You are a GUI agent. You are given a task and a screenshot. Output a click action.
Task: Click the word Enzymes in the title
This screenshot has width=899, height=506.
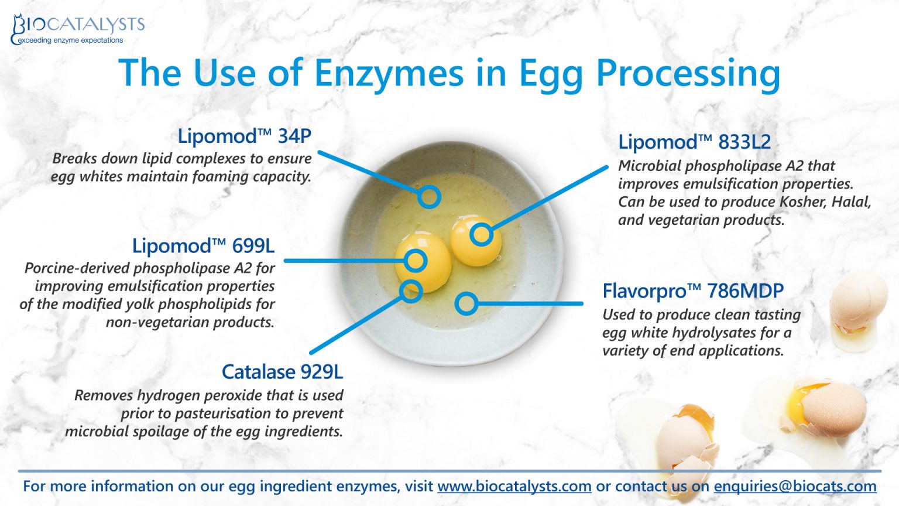[x=389, y=73]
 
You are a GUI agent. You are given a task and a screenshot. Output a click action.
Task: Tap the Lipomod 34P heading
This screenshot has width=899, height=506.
[x=244, y=136]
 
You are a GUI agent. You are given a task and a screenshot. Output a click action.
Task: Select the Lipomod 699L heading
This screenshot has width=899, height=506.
[x=203, y=245]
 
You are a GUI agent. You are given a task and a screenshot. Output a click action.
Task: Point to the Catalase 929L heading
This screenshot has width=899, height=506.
[x=282, y=372]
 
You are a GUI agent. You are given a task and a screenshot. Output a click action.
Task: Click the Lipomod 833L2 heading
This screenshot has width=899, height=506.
[x=694, y=142]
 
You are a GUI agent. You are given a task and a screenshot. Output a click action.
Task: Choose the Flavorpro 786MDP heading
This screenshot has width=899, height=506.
[x=692, y=290]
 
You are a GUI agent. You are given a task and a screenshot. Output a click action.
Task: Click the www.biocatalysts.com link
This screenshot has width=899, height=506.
[x=514, y=486]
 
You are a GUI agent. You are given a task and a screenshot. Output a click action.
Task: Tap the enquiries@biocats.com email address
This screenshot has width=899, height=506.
[x=795, y=486]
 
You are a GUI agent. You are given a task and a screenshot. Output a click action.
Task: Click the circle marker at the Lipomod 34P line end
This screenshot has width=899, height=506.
[x=429, y=197]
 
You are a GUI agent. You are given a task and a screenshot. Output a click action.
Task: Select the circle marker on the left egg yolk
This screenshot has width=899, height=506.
[x=416, y=261]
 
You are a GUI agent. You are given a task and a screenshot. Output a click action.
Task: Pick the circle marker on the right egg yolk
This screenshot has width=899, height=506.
[x=481, y=235]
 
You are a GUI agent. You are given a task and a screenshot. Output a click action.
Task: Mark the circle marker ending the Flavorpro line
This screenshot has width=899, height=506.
[x=466, y=303]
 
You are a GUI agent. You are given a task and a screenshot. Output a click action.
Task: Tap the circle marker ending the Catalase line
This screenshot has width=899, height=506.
[x=411, y=290]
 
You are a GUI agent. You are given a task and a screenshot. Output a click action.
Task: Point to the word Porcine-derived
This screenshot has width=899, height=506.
[x=77, y=268]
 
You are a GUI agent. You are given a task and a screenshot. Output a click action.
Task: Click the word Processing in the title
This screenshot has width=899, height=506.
[x=688, y=74]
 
